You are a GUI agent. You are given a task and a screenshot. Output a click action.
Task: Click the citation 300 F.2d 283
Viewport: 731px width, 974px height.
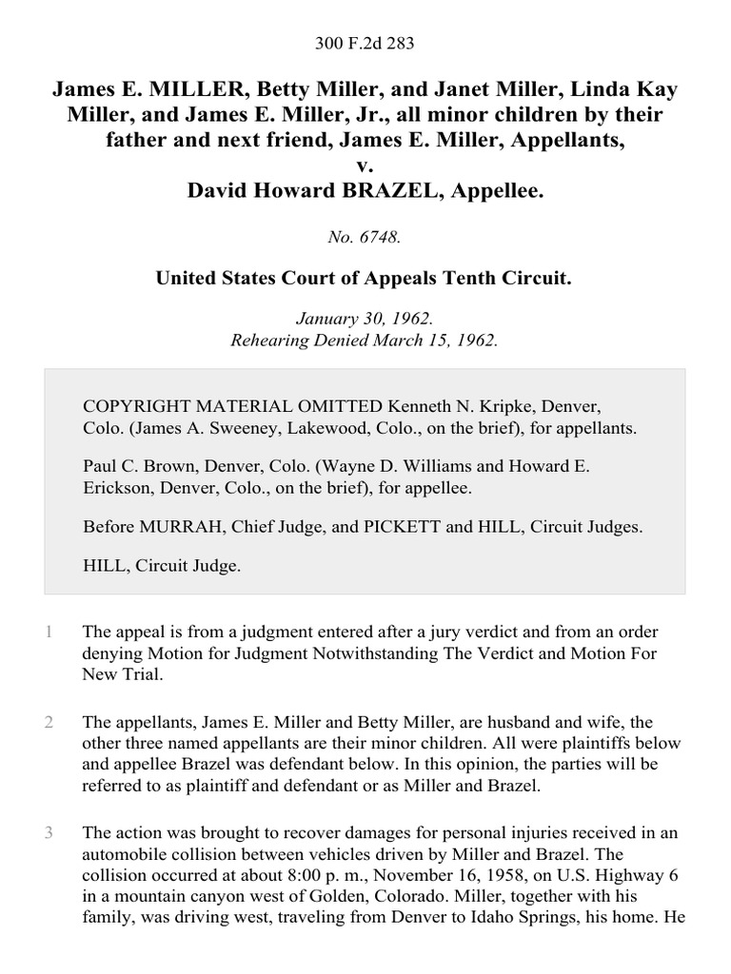365,43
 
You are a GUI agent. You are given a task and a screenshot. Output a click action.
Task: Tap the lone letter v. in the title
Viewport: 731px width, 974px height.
365,166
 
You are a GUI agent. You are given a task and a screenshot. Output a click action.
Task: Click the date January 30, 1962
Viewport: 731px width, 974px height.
365,319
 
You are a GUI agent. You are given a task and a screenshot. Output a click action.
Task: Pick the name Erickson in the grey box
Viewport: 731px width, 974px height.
120,489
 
